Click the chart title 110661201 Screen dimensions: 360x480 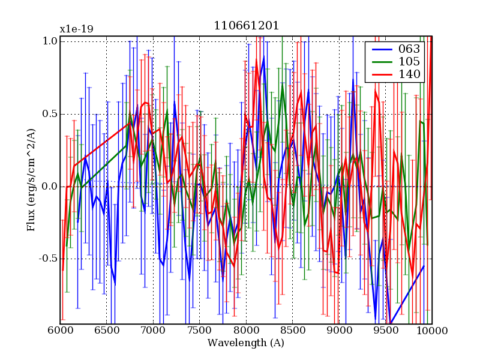246,26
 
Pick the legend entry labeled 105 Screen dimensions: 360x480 409,62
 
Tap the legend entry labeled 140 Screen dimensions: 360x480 409,74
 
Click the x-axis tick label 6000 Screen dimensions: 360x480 60,331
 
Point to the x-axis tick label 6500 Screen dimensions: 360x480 107,331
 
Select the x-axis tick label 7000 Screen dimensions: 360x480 153,331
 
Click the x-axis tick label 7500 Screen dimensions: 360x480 200,331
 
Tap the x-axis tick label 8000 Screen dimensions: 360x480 246,331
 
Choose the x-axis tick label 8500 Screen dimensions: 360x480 293,331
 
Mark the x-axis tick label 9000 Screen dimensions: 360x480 339,331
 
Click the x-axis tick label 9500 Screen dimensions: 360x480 386,331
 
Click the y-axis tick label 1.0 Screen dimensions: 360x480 50,41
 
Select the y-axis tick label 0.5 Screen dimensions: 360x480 50,114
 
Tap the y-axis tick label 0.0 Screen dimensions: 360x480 50,187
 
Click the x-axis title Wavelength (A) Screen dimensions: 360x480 246,343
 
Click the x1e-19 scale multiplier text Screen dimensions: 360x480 76,29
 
